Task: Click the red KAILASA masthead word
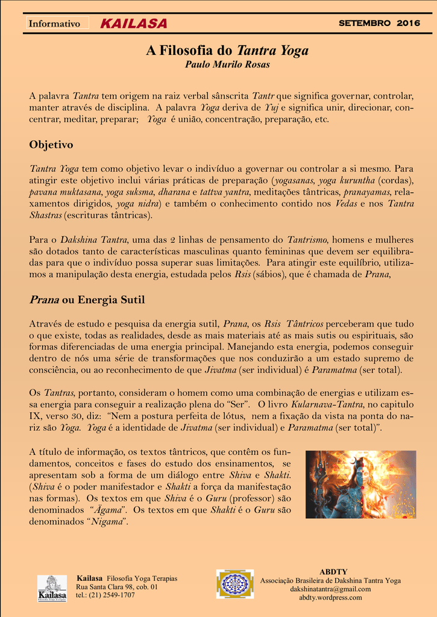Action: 134,24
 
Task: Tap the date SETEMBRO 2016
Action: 379,23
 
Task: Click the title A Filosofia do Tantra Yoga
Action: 227,51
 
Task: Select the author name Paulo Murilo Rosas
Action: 227,64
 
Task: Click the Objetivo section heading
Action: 51,145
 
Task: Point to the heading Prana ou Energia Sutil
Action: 87,299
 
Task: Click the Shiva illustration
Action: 360,484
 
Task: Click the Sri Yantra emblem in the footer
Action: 235,584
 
